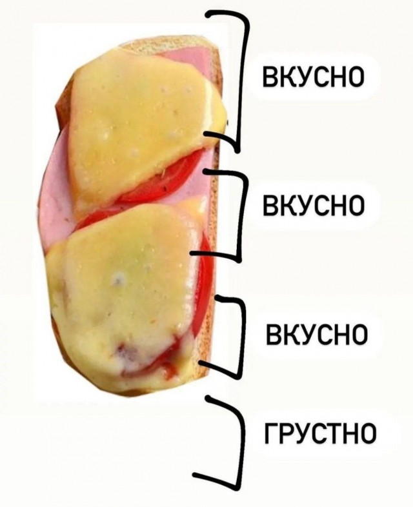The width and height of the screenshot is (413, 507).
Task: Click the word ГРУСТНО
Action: [x=320, y=432]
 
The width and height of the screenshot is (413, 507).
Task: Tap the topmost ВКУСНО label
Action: [x=314, y=77]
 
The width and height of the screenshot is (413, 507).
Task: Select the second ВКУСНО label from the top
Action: [x=314, y=205]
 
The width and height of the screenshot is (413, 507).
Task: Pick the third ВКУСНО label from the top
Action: [x=316, y=333]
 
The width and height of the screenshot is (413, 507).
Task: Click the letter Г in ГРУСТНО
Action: [x=272, y=432]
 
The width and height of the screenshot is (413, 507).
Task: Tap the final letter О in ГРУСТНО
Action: [x=367, y=432]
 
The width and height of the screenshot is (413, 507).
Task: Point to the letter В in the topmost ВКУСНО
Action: [x=270, y=77]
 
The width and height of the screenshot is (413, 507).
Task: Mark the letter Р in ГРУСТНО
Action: [x=287, y=432]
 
